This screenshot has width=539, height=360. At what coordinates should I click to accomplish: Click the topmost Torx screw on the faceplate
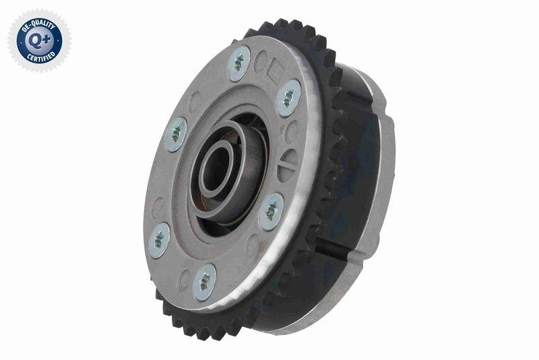(239, 63)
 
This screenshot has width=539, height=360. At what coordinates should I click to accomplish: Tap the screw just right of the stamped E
(289, 98)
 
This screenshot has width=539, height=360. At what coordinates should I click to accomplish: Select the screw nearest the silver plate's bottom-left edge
(159, 239)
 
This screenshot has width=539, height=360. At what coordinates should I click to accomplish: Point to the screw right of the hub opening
(271, 211)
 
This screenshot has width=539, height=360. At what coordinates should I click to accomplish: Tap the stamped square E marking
(277, 72)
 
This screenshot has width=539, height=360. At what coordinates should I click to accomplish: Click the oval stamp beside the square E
(260, 62)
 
